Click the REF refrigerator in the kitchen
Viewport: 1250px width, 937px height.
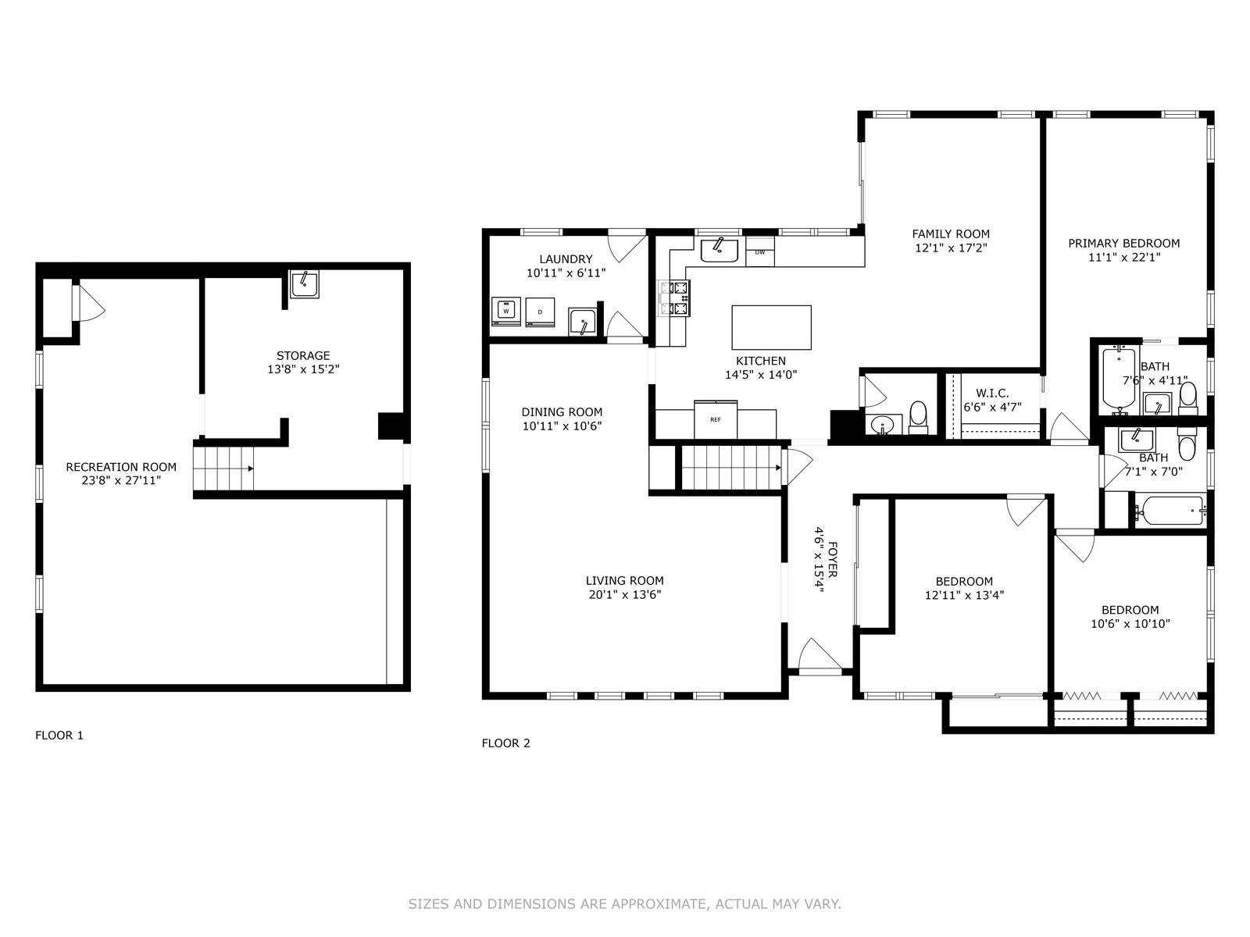coord(716,419)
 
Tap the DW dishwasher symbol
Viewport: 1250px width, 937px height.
coord(759,252)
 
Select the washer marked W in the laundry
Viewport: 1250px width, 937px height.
coord(505,312)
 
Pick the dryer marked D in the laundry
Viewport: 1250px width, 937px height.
coord(540,312)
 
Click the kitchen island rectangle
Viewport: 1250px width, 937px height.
coord(772,327)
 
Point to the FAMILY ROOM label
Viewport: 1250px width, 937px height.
coord(951,233)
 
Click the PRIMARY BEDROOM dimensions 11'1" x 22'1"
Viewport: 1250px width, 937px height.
coord(1124,257)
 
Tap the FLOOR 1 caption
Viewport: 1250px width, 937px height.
coord(59,735)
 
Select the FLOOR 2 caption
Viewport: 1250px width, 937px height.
coord(505,743)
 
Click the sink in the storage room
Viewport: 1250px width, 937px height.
coord(304,284)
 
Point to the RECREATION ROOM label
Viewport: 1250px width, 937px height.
coord(121,467)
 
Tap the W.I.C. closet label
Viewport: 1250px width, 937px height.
coord(993,393)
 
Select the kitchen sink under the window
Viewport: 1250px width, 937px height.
coord(720,251)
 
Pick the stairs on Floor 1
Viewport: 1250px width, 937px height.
coord(223,468)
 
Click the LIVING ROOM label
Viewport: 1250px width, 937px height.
coord(625,581)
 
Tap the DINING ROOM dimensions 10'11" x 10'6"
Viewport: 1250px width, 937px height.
coord(562,426)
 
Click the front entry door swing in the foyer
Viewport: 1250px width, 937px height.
coord(820,656)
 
